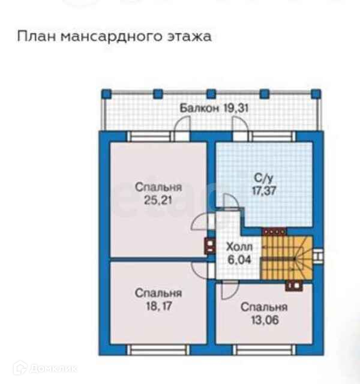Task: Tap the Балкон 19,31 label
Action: pos(206,109)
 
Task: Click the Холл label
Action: pos(238,247)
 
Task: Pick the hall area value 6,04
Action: pos(238,260)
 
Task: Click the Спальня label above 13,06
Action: pos(264,307)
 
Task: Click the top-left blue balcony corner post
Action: pos(106,94)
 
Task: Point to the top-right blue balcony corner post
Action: pos(316,94)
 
